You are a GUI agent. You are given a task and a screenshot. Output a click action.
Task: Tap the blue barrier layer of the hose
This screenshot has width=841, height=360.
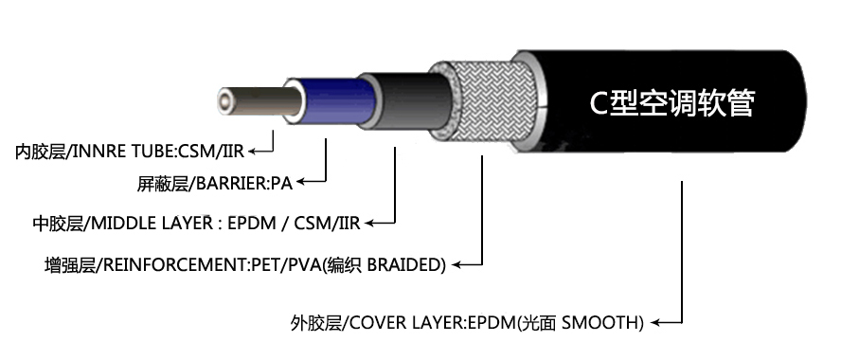pyautogui.click(x=336, y=102)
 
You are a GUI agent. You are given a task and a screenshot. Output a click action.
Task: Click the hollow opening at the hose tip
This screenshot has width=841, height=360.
pyautogui.click(x=224, y=99)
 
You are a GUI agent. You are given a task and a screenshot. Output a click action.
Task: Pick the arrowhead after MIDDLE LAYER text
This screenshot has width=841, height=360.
pyautogui.click(x=369, y=224)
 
